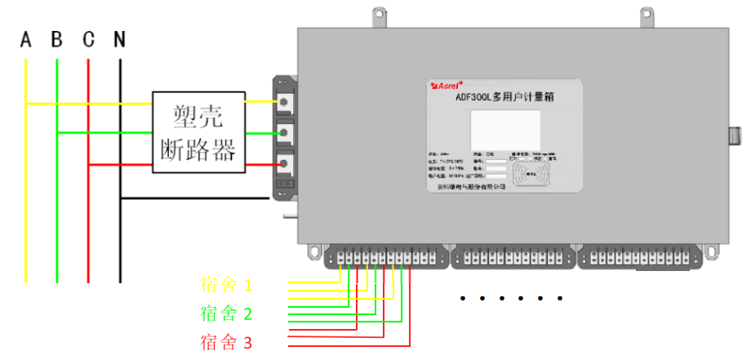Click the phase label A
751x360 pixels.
(x=26, y=39)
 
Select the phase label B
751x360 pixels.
(x=56, y=39)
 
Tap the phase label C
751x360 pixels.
(x=88, y=39)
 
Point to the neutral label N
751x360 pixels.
(x=119, y=39)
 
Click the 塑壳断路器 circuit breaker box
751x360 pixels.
(x=198, y=131)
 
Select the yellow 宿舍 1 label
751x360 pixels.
(x=227, y=285)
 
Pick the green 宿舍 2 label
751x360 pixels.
(x=226, y=313)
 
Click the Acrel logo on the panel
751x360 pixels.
(x=447, y=84)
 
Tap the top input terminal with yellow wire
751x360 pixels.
(x=285, y=101)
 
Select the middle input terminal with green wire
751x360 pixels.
(x=285, y=132)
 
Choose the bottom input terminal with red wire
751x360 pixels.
(x=285, y=164)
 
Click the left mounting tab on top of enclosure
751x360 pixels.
(x=378, y=17)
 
